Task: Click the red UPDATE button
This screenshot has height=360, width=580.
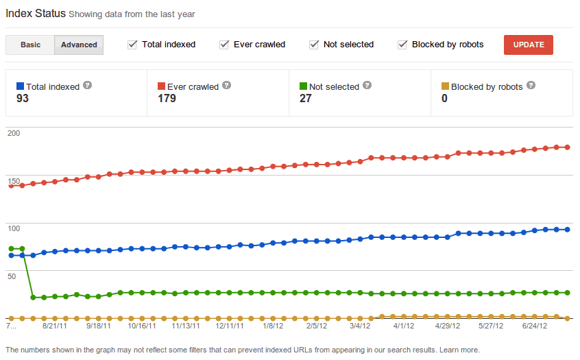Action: click(528, 45)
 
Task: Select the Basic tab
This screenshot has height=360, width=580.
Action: click(30, 45)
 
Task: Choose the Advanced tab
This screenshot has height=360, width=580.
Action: click(79, 45)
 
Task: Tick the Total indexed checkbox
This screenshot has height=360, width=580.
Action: click(132, 45)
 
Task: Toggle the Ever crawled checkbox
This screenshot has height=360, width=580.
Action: click(224, 45)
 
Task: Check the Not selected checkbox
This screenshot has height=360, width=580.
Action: click(314, 45)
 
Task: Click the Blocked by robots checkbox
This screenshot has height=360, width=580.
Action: click(402, 45)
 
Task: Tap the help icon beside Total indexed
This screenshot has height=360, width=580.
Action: click(87, 86)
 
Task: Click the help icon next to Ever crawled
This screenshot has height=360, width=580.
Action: click(227, 86)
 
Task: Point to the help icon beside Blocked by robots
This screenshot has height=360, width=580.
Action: click(531, 86)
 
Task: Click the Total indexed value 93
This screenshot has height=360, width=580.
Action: click(22, 99)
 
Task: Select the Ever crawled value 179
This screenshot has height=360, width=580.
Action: click(167, 99)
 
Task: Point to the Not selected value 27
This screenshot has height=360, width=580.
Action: click(306, 99)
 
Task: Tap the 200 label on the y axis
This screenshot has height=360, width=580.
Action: click(13, 133)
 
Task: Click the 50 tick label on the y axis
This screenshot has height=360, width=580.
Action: click(12, 276)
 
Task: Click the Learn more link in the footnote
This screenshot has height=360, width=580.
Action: click(459, 350)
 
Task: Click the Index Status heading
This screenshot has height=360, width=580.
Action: click(35, 13)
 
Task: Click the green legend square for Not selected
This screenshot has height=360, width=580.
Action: click(303, 86)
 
